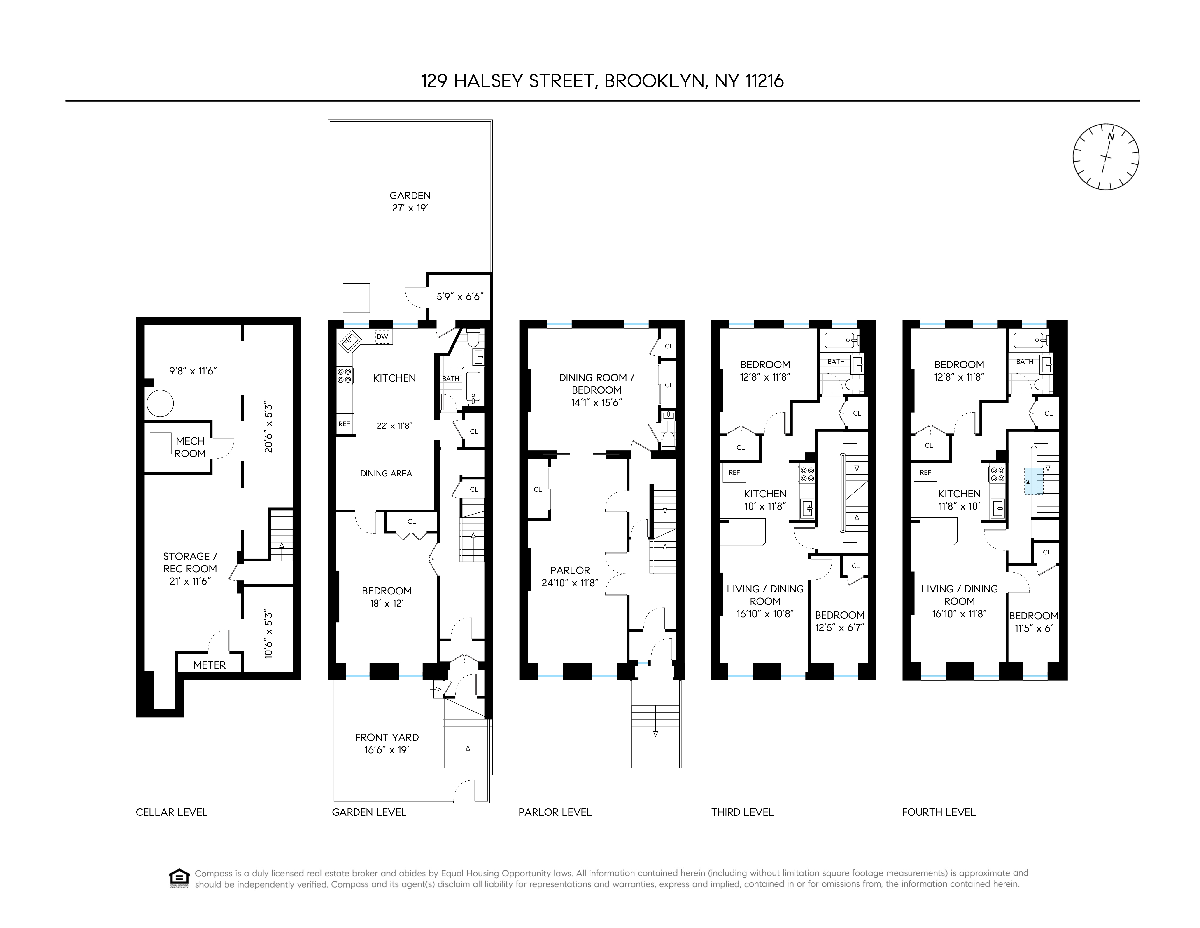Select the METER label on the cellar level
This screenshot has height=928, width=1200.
tap(209, 665)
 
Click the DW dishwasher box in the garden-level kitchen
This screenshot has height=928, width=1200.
tap(383, 336)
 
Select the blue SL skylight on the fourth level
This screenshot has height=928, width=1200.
tap(1033, 482)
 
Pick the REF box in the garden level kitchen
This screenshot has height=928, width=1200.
tap(344, 424)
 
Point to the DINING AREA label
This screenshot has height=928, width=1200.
tap(386, 473)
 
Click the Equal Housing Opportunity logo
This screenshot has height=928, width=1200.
tap(179, 878)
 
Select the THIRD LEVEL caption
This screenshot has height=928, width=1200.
tap(742, 812)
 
